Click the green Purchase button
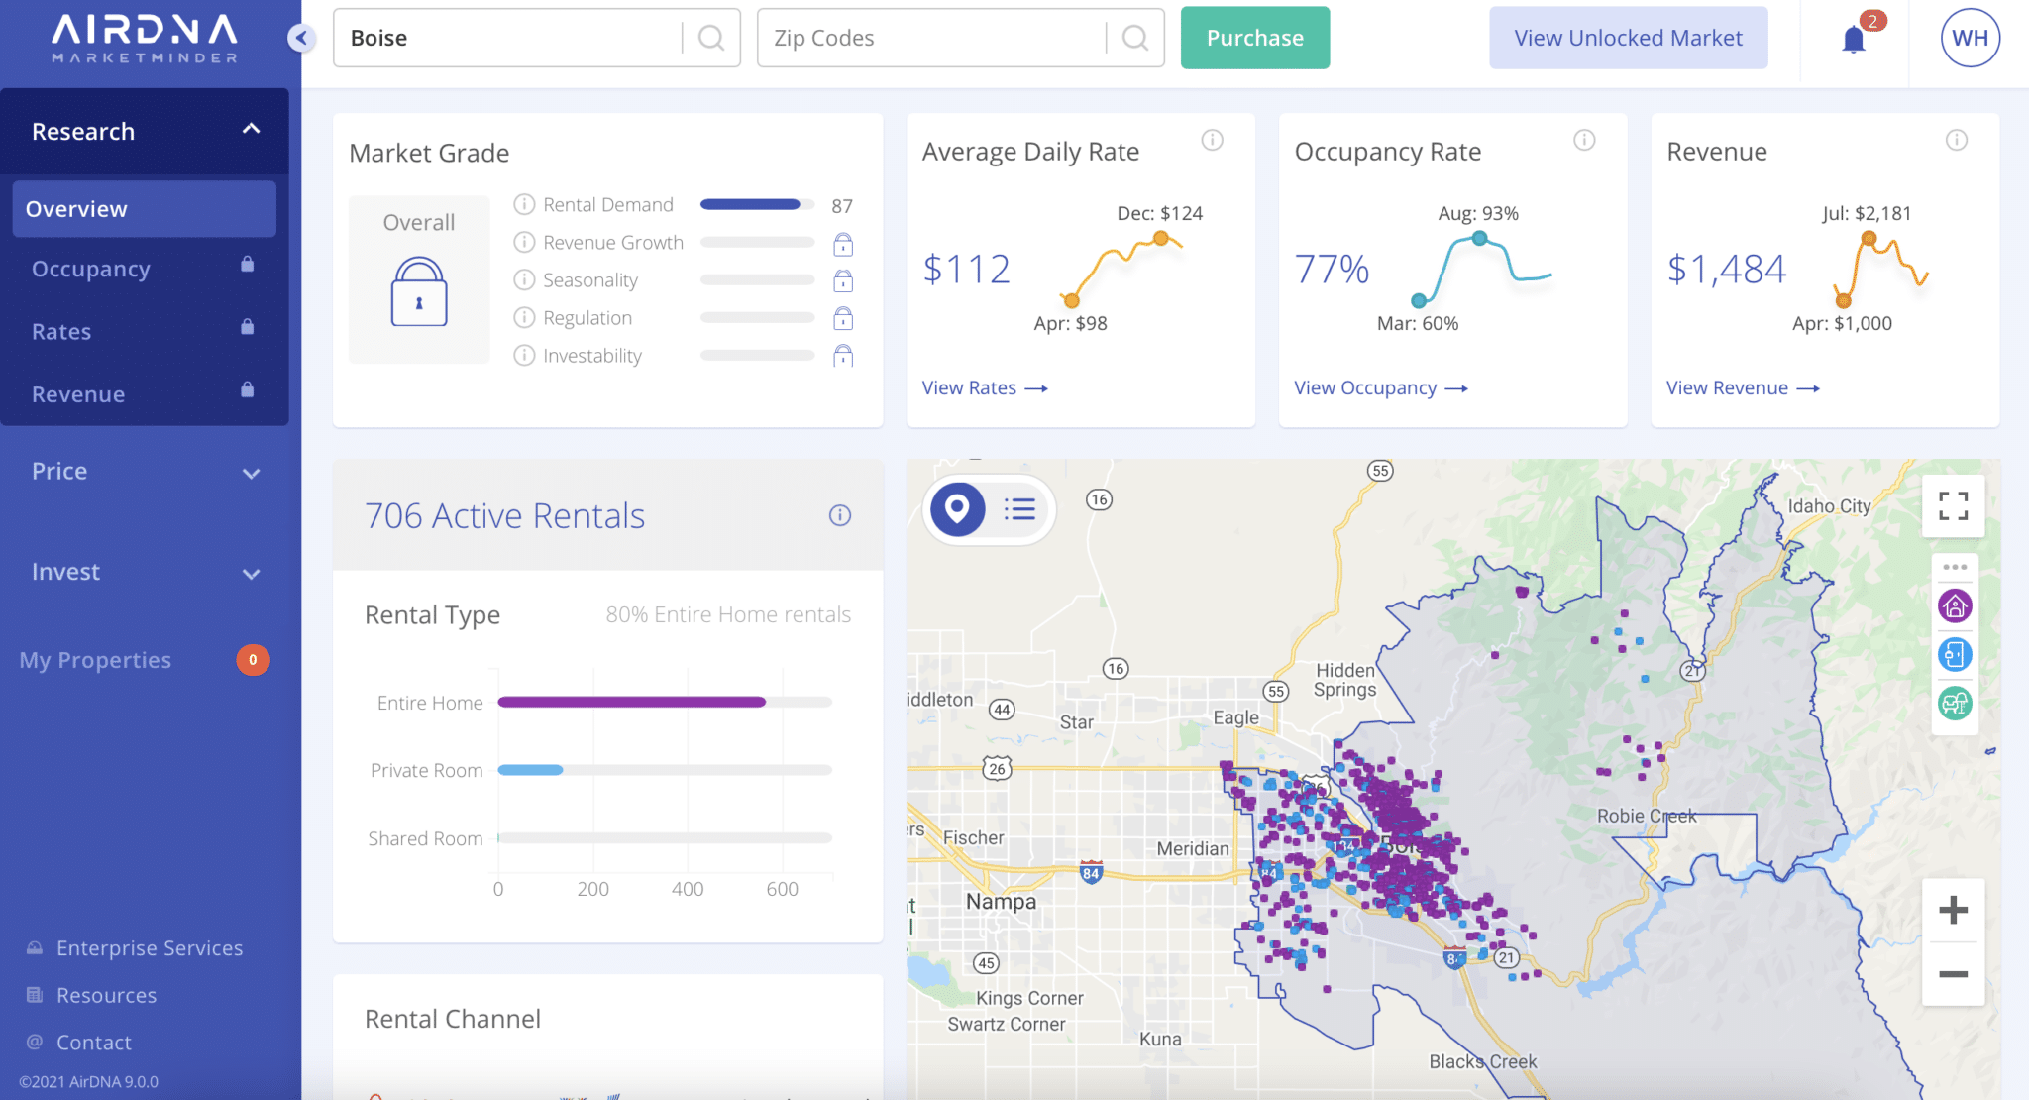(x=1254, y=38)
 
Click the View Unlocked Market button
(x=1628, y=38)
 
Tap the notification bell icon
(x=1854, y=40)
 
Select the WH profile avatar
(x=1970, y=38)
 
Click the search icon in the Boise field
(x=710, y=38)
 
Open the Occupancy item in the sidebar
(x=91, y=269)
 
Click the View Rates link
(x=984, y=388)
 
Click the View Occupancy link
(x=1380, y=388)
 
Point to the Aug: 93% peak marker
(x=1479, y=238)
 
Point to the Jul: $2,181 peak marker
(x=1869, y=238)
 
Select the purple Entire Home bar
(x=631, y=702)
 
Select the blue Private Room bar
(x=530, y=770)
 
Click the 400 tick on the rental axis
(x=688, y=889)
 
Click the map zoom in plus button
(x=1953, y=910)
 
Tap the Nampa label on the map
(x=1001, y=902)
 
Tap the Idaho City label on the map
(x=1829, y=506)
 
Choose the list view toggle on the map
(x=1019, y=509)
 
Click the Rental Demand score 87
(x=842, y=206)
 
